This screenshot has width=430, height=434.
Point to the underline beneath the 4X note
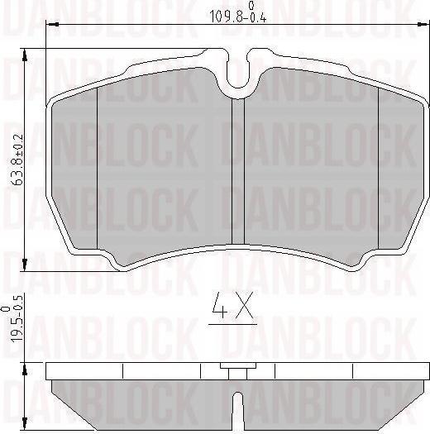(x=232, y=324)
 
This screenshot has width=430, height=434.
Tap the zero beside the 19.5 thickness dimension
(x=7, y=308)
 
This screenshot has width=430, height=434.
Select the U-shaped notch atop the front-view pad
(x=239, y=76)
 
